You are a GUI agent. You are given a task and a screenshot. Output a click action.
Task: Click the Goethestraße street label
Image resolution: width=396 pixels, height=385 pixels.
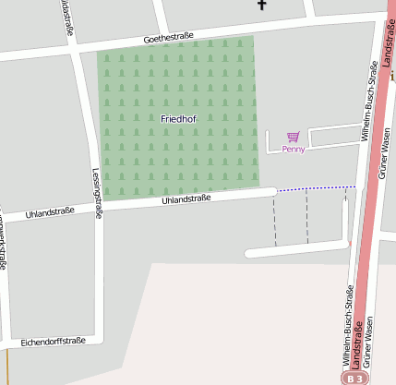168,38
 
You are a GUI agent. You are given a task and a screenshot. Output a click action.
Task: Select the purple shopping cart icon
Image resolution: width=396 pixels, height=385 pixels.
294,136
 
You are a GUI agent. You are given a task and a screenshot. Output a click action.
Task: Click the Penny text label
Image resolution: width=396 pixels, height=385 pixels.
294,149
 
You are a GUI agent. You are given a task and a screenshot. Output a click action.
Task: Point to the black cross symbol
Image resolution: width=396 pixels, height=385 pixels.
261,5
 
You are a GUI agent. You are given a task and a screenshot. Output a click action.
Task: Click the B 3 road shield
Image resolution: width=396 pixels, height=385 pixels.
355,378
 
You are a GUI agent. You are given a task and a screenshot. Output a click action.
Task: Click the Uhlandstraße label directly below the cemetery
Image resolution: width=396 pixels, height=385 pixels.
186,199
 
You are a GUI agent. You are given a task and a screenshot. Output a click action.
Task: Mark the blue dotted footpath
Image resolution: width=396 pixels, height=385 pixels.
316,188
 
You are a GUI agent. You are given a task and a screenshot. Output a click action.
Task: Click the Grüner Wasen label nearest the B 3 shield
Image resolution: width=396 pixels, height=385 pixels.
367,342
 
